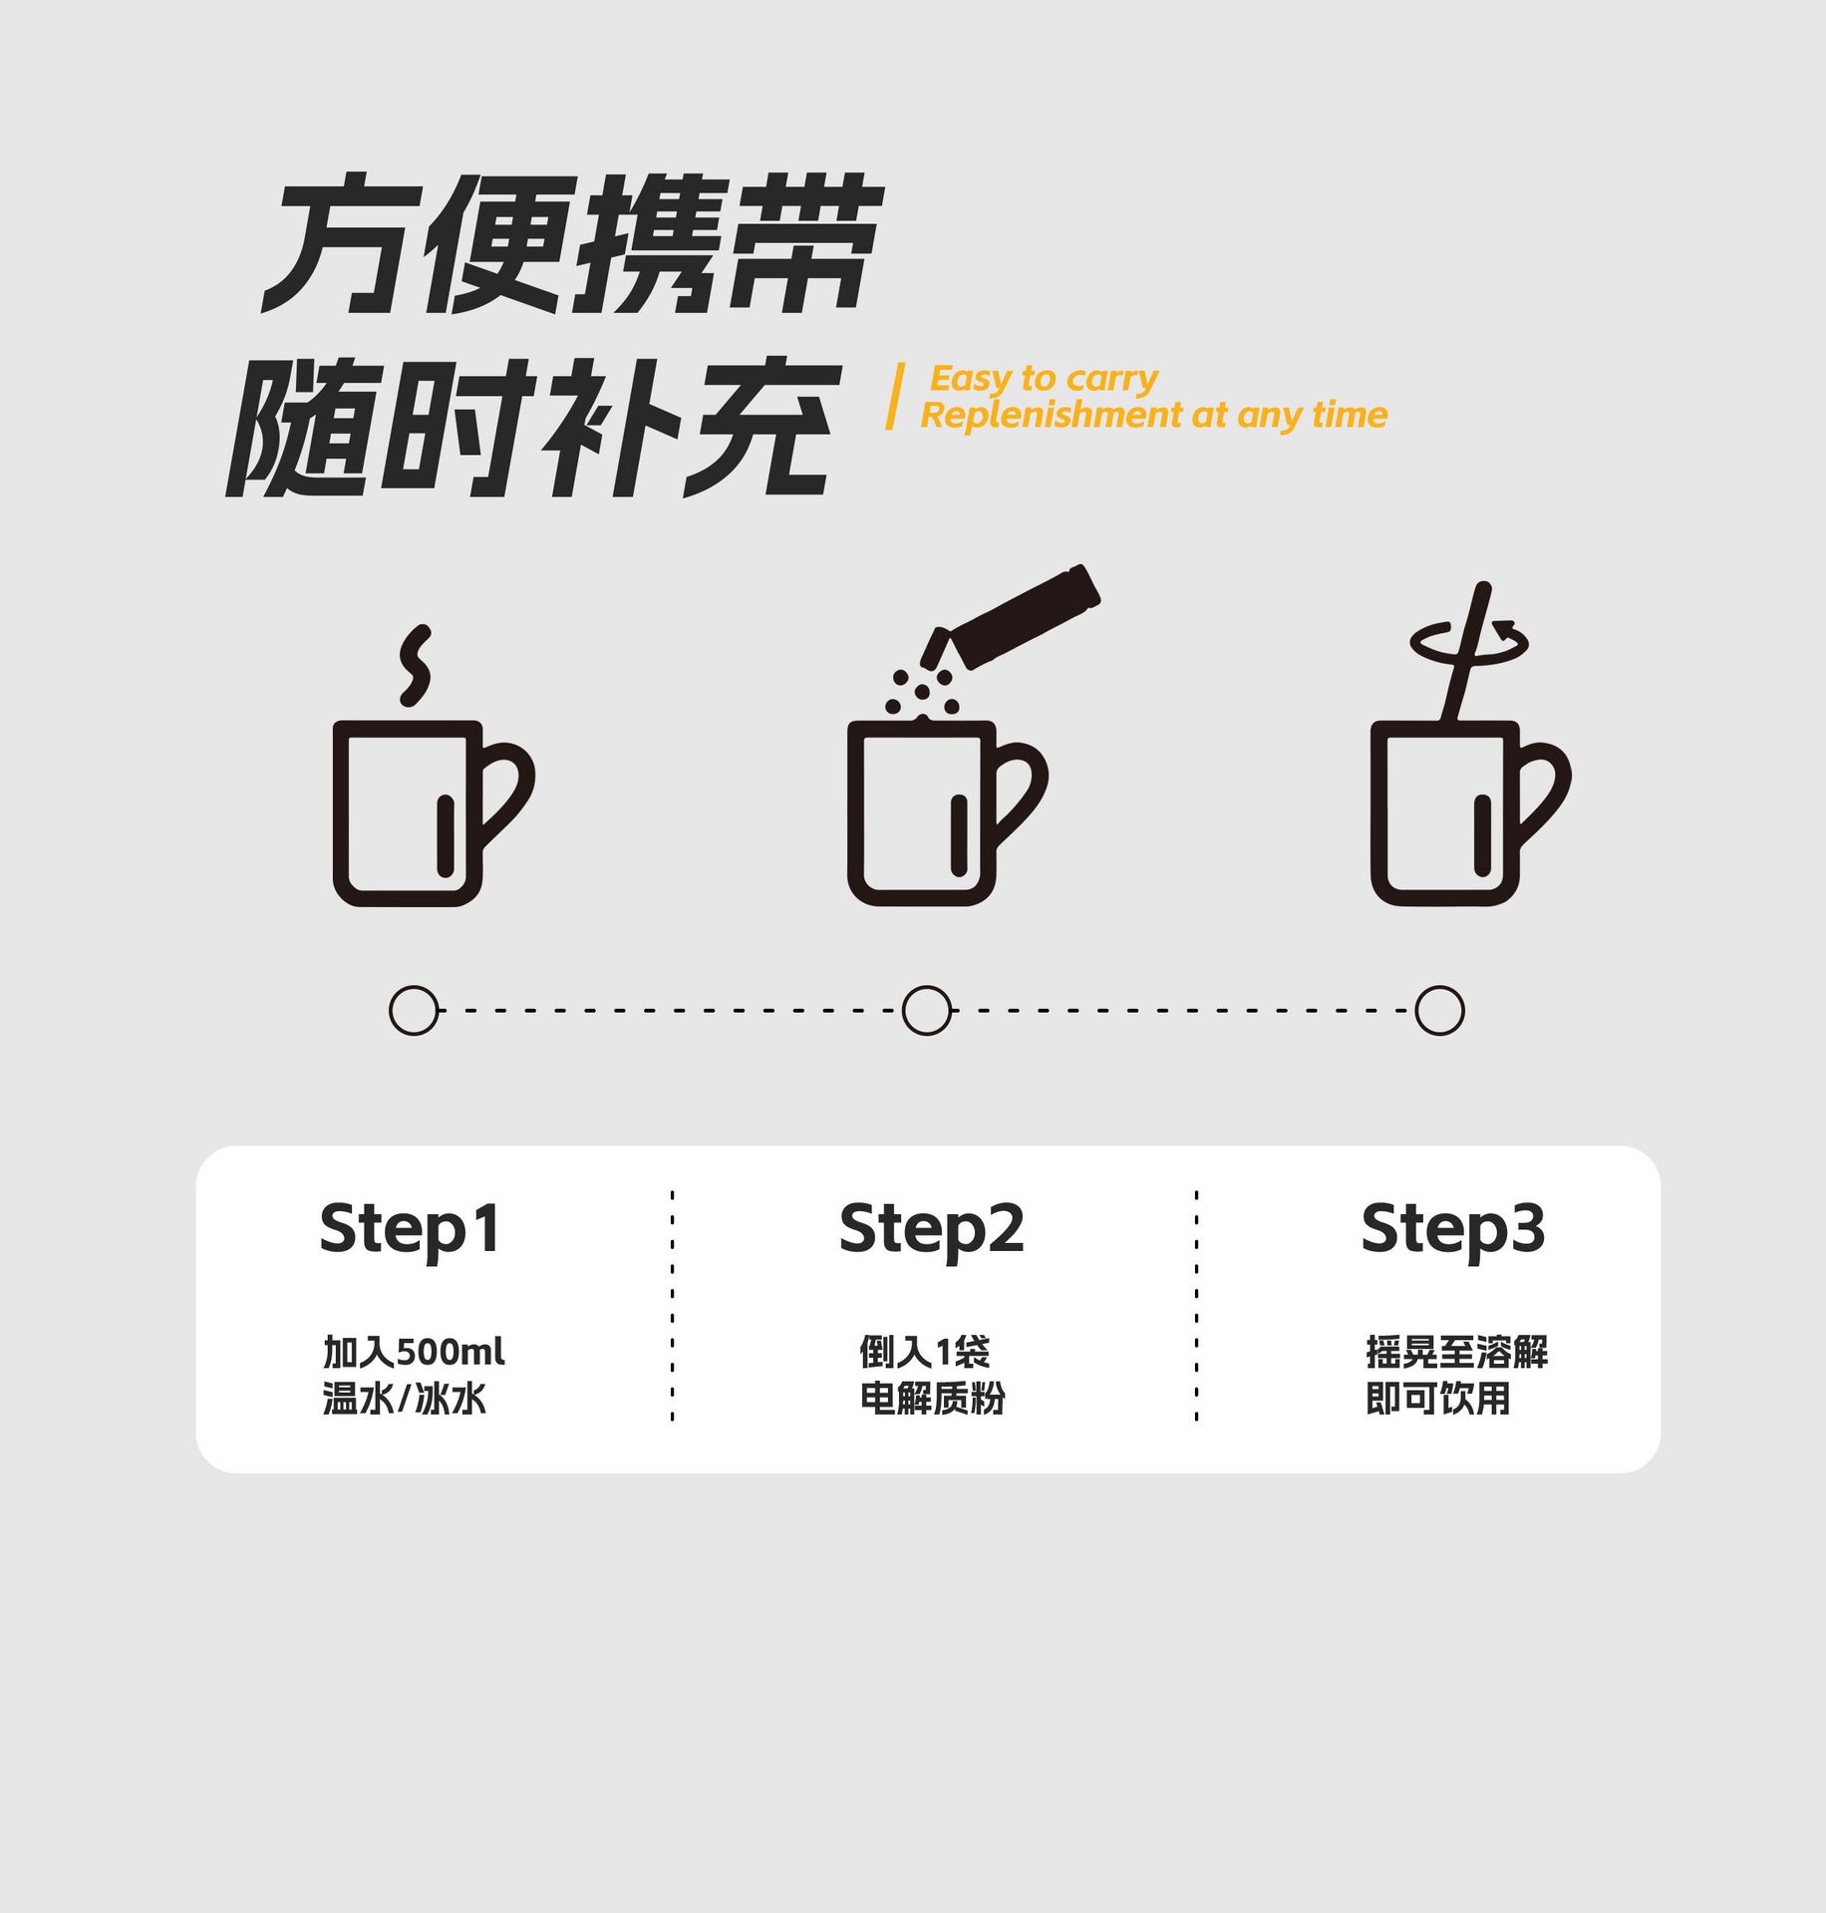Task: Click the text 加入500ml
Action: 414,1352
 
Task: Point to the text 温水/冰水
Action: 404,1399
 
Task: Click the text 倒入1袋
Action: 925,1352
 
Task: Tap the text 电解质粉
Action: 933,1399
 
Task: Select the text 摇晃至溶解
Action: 1457,1352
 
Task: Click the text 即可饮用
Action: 1438,1399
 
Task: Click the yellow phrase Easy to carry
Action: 1044,380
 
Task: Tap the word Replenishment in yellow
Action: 1051,415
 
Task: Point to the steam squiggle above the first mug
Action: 416,665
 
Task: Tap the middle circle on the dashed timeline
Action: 926,1011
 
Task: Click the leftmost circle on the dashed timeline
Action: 414,1011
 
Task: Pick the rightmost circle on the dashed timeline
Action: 1439,1011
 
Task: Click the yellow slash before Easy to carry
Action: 895,397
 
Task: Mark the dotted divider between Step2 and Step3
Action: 1196,1305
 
